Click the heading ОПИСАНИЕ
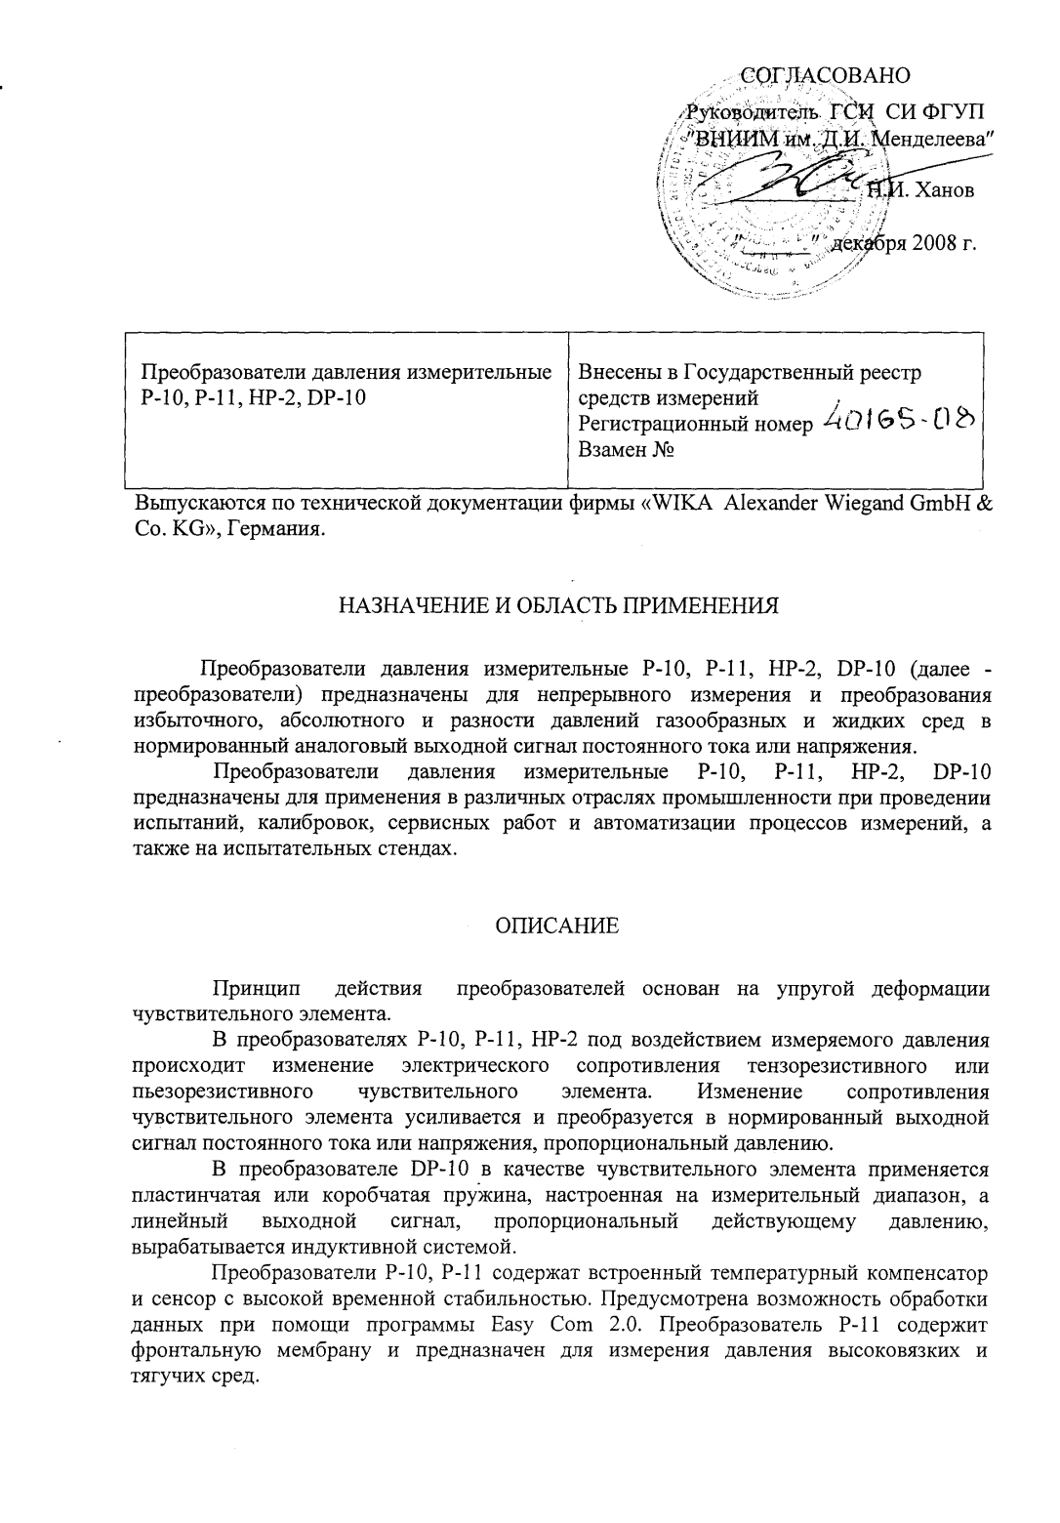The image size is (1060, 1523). [x=556, y=926]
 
